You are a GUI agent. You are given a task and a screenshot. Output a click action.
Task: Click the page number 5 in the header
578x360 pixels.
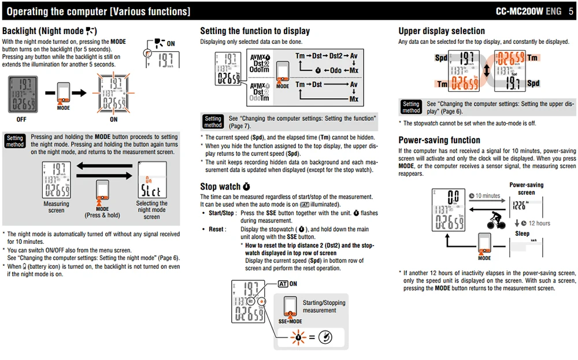(570, 12)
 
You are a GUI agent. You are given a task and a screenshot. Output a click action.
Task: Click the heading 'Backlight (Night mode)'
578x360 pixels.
(49, 31)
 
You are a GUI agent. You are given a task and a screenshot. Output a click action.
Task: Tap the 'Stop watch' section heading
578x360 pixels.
(225, 187)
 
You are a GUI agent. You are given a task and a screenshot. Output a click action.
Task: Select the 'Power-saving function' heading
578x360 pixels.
(439, 140)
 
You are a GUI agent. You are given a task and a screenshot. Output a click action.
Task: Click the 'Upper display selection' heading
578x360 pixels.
(441, 31)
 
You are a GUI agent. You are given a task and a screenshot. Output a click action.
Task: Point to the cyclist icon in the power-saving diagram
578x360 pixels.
(496, 220)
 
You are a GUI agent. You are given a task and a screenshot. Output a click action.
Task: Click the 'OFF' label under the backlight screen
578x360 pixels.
(21, 120)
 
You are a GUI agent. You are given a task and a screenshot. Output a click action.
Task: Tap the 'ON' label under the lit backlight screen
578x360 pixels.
(113, 120)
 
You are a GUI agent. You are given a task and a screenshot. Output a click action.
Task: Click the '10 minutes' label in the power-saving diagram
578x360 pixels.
(484, 196)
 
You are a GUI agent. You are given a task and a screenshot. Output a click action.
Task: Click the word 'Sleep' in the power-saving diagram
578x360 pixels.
(522, 233)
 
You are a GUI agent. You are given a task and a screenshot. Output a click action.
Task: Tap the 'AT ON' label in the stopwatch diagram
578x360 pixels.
(287, 284)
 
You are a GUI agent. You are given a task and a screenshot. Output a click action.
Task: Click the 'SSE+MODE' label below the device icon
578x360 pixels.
(290, 321)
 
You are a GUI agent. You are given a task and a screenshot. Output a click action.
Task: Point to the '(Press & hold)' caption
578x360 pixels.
(102, 215)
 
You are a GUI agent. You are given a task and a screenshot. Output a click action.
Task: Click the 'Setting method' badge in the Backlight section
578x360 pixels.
(15, 141)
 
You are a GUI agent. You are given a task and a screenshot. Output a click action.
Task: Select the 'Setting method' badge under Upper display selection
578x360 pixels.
(411, 107)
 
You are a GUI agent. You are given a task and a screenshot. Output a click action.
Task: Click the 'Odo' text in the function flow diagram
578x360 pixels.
(335, 70)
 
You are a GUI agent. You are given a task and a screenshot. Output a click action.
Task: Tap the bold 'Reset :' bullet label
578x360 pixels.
(217, 229)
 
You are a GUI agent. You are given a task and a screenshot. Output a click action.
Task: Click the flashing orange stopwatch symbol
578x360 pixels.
(298, 337)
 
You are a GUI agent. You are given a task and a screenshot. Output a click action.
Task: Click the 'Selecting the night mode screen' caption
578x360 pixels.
(151, 210)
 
